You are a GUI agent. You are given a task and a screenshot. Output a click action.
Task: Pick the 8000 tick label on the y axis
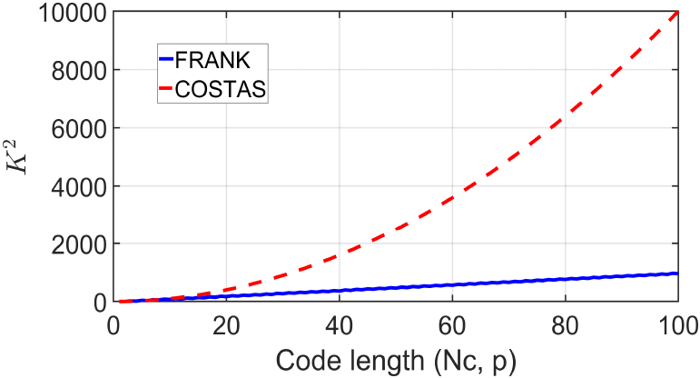coord(73,71)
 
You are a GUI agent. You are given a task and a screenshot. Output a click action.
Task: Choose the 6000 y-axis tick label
coord(73,128)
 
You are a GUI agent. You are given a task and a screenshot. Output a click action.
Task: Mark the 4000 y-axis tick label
coord(73,186)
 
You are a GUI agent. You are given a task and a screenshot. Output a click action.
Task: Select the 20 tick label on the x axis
coord(226,323)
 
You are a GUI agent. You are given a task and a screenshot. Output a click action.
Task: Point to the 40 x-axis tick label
coord(339,323)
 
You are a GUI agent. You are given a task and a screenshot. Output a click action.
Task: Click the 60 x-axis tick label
coord(452,323)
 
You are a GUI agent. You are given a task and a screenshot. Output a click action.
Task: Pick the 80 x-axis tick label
coord(565,323)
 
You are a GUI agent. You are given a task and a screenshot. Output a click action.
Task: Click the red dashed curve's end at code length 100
coord(677,14)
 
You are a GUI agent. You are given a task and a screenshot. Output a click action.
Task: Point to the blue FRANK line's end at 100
coord(677,273)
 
